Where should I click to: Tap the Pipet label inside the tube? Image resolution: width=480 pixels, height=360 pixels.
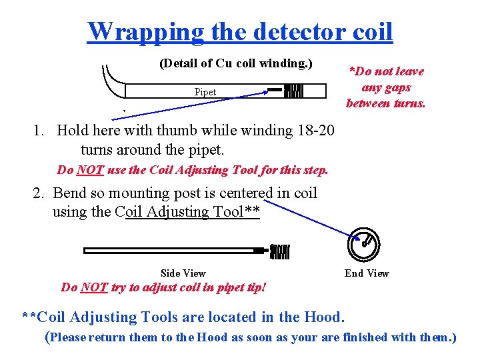tap(205, 92)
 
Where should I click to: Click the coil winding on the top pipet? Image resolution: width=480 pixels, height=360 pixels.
tap(294, 91)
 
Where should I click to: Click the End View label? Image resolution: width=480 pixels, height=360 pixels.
tap(367, 273)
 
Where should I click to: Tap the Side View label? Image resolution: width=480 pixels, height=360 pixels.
tap(183, 273)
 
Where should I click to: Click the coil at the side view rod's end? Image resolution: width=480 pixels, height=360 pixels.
tap(280, 251)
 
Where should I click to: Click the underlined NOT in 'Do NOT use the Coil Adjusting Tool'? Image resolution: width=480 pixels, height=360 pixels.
tap(90, 170)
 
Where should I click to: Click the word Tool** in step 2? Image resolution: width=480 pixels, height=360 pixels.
tap(237, 212)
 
